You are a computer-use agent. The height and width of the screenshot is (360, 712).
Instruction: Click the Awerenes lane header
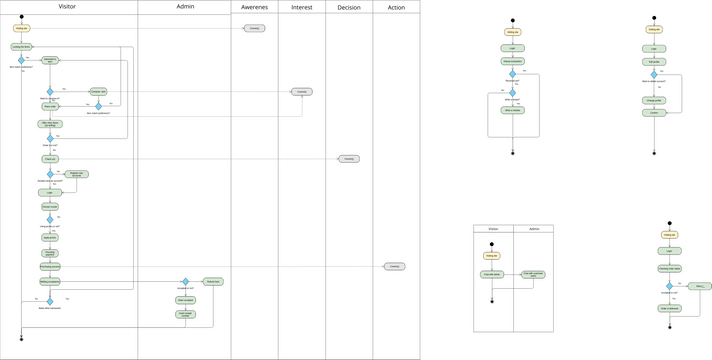[254, 7]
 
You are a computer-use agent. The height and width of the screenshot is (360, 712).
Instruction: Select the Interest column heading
[301, 7]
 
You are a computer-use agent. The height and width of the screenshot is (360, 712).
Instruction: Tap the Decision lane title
[349, 7]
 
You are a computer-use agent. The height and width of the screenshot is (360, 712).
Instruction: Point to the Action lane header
[396, 7]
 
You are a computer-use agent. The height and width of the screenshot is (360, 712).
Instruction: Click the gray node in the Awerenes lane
[254, 29]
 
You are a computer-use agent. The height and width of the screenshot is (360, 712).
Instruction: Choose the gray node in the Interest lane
[301, 92]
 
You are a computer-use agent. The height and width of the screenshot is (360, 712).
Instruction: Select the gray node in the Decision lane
[348, 159]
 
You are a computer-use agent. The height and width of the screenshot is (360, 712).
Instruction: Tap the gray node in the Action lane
[395, 267]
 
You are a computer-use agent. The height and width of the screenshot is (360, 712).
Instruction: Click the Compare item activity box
[98, 92]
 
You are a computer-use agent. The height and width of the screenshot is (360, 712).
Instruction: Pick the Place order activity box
[50, 106]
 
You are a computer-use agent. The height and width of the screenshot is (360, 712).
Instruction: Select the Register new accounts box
[76, 174]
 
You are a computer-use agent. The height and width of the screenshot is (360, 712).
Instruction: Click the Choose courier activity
[50, 207]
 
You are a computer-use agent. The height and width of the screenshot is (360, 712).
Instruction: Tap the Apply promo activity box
[50, 238]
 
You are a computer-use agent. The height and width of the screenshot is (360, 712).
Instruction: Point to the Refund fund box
[213, 282]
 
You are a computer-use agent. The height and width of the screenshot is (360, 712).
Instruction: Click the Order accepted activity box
[185, 300]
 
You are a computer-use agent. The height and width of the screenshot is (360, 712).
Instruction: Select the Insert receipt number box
[185, 315]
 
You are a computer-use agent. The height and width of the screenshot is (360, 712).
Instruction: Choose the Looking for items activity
[21, 47]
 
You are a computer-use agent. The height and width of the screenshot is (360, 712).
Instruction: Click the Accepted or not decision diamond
[185, 282]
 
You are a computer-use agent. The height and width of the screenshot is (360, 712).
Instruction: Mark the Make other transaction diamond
[50, 300]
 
